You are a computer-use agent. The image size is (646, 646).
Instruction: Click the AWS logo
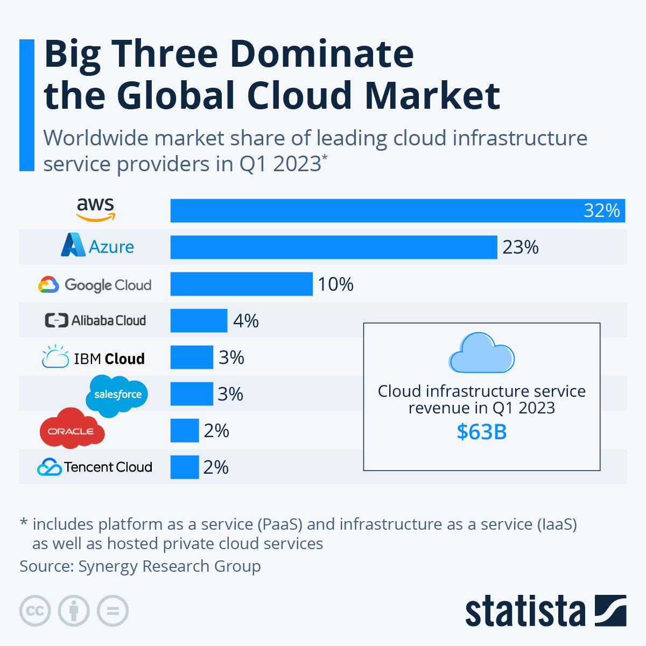pyautogui.click(x=95, y=209)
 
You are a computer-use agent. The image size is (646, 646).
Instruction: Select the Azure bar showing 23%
pyautogui.click(x=334, y=247)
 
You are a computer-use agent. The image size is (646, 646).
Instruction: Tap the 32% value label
pyautogui.click(x=601, y=210)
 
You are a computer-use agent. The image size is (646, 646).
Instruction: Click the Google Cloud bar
pyautogui.click(x=241, y=284)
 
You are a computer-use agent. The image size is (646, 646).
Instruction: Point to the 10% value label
pyautogui.click(x=335, y=284)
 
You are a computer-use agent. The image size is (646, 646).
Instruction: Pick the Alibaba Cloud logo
pyautogui.click(x=95, y=320)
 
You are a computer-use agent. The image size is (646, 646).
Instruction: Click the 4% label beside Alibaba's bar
pyautogui.click(x=245, y=321)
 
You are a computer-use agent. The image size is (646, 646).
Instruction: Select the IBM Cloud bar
pyautogui.click(x=192, y=357)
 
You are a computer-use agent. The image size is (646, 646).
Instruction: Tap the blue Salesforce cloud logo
pyautogui.click(x=117, y=395)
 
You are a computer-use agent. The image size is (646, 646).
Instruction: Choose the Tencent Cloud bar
pyautogui.click(x=185, y=467)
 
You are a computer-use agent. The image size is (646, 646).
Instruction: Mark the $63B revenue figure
pyautogui.click(x=482, y=432)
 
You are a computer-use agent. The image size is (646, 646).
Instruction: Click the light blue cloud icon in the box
pyautogui.click(x=481, y=353)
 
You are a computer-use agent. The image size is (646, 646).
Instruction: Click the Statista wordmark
pyautogui.click(x=525, y=612)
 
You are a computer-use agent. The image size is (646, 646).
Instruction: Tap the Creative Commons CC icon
pyautogui.click(x=35, y=611)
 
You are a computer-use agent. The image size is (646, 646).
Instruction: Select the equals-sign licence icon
pyautogui.click(x=113, y=611)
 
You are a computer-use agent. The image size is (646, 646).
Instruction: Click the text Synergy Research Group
pyautogui.click(x=170, y=566)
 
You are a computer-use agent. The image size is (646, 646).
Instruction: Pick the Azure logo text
pyautogui.click(x=111, y=247)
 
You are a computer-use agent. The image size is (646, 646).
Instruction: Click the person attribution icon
pyautogui.click(x=74, y=611)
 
